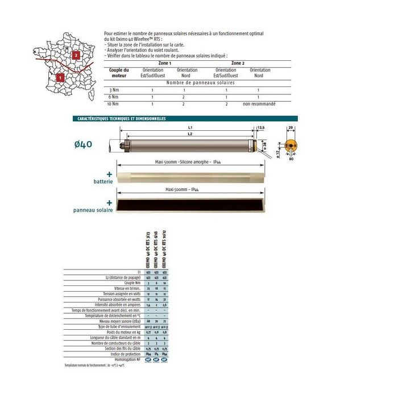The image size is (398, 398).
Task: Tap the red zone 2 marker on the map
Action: pyautogui.click(x=76, y=55)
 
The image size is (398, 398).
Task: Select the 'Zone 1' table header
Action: pyautogui.click(x=167, y=63)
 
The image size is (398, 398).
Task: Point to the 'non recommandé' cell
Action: pyautogui.click(x=259, y=104)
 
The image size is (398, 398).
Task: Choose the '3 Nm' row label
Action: pyautogui.click(x=114, y=90)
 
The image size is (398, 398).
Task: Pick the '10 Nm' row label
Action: pyautogui.click(x=114, y=104)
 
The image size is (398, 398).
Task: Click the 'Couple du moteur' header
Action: pyautogui.click(x=119, y=72)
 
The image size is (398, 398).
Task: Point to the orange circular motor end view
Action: pyautogui.click(x=292, y=145)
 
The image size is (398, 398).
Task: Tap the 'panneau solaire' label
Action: pyautogui.click(x=93, y=210)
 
